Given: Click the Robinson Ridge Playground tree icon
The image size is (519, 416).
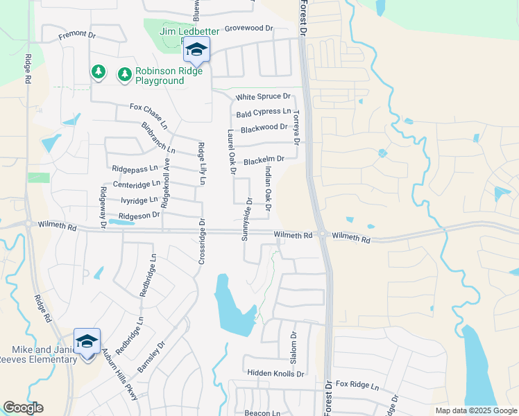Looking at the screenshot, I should tap(124, 73).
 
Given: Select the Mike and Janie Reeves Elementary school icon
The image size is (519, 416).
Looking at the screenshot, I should tap(87, 342).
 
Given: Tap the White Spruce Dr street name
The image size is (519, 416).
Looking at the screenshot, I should tap(262, 97).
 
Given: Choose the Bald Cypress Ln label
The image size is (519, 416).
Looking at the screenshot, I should tap(263, 112).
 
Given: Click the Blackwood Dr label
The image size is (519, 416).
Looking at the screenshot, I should tap(264, 128).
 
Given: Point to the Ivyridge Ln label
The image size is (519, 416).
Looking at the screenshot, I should tap(139, 200).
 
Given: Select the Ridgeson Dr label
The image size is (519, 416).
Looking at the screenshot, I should tap(139, 216).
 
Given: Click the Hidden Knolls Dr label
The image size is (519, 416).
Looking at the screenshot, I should tap(275, 373).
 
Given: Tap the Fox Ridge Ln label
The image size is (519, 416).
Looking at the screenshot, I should tap(357, 384).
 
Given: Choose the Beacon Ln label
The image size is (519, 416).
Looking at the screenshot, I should tap(261, 412).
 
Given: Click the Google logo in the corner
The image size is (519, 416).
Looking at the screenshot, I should tap(23, 408).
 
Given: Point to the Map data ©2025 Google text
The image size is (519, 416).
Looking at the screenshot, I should tap(476, 410).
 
